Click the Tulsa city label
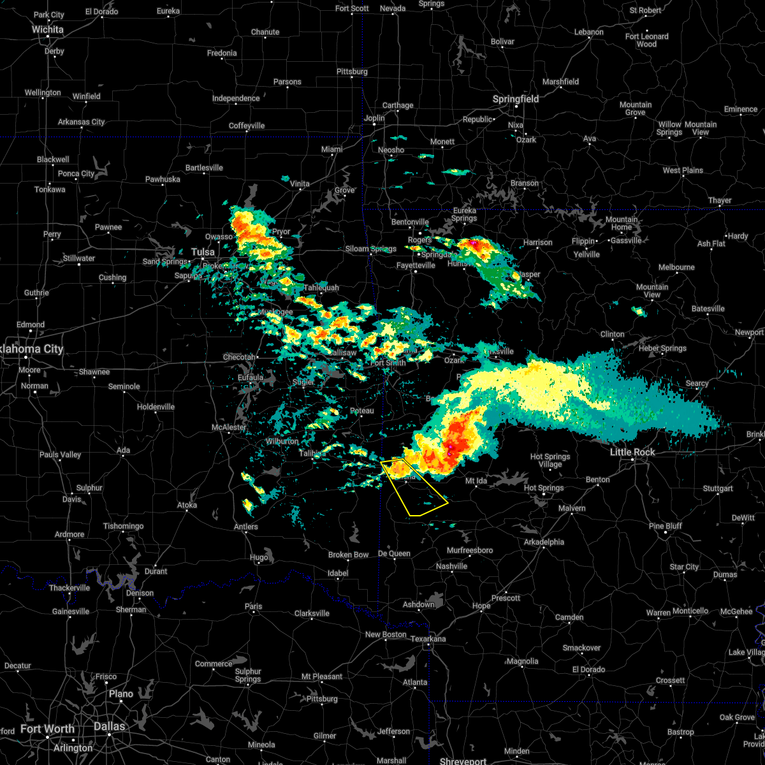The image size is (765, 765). click(203, 252)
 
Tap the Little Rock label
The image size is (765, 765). click(633, 452)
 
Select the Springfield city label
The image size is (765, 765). click(516, 99)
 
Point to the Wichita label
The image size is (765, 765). click(48, 29)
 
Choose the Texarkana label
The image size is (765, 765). click(428, 639)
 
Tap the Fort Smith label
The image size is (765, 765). click(388, 363)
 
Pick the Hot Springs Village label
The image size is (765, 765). click(550, 460)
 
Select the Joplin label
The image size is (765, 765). click(374, 118)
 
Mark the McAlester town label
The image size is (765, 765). click(229, 427)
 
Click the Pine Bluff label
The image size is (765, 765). click(666, 526)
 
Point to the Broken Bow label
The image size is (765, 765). click(348, 555)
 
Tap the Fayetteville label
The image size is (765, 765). click(416, 265)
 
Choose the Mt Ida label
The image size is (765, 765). click(476, 481)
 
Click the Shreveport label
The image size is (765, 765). click(463, 761)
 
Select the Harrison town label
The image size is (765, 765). click(538, 242)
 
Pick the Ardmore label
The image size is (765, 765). click(69, 534)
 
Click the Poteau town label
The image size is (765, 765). click(362, 411)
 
